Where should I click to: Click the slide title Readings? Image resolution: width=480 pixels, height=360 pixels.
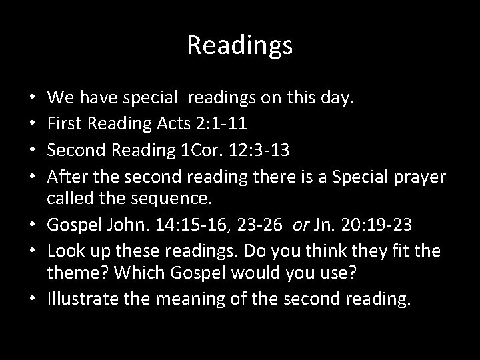239,45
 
